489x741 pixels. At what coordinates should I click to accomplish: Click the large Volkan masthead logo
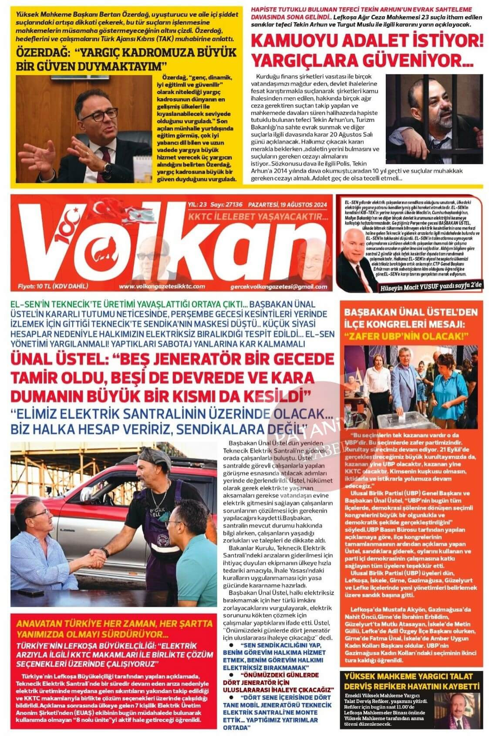[x=174, y=244]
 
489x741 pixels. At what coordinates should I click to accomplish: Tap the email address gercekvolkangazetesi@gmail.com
[x=279, y=286]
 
